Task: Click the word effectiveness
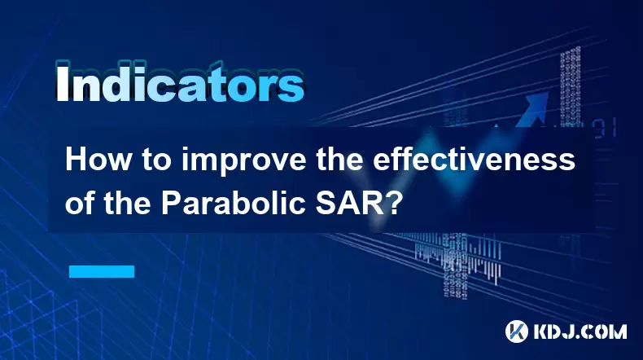[x=474, y=160]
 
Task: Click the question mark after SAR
[x=393, y=203]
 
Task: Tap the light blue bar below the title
[x=102, y=271]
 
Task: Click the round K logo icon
[x=517, y=331]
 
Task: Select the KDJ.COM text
[x=580, y=331]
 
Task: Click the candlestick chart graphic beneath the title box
[x=457, y=258]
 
